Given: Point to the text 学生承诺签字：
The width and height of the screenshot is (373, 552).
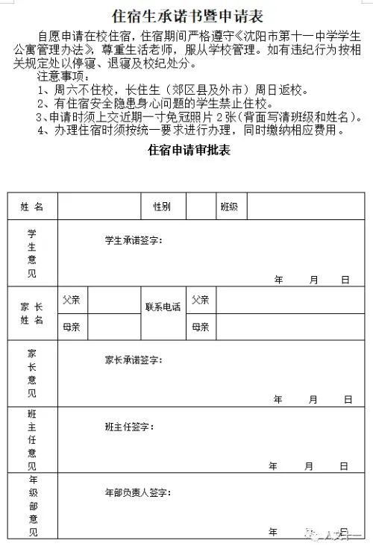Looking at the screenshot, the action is pos(134,240).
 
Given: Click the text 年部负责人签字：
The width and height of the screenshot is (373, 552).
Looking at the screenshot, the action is pos(138,493).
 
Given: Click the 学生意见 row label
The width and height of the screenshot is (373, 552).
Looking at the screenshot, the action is pos(32,253).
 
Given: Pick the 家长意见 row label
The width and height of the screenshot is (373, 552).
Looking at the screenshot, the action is pos(32,373).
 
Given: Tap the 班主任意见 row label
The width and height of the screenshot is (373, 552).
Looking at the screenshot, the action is pos(32,439).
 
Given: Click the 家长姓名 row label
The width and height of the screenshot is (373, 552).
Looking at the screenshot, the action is pos(32,313).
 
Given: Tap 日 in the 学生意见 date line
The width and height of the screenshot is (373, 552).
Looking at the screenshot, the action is pos(345,280).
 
